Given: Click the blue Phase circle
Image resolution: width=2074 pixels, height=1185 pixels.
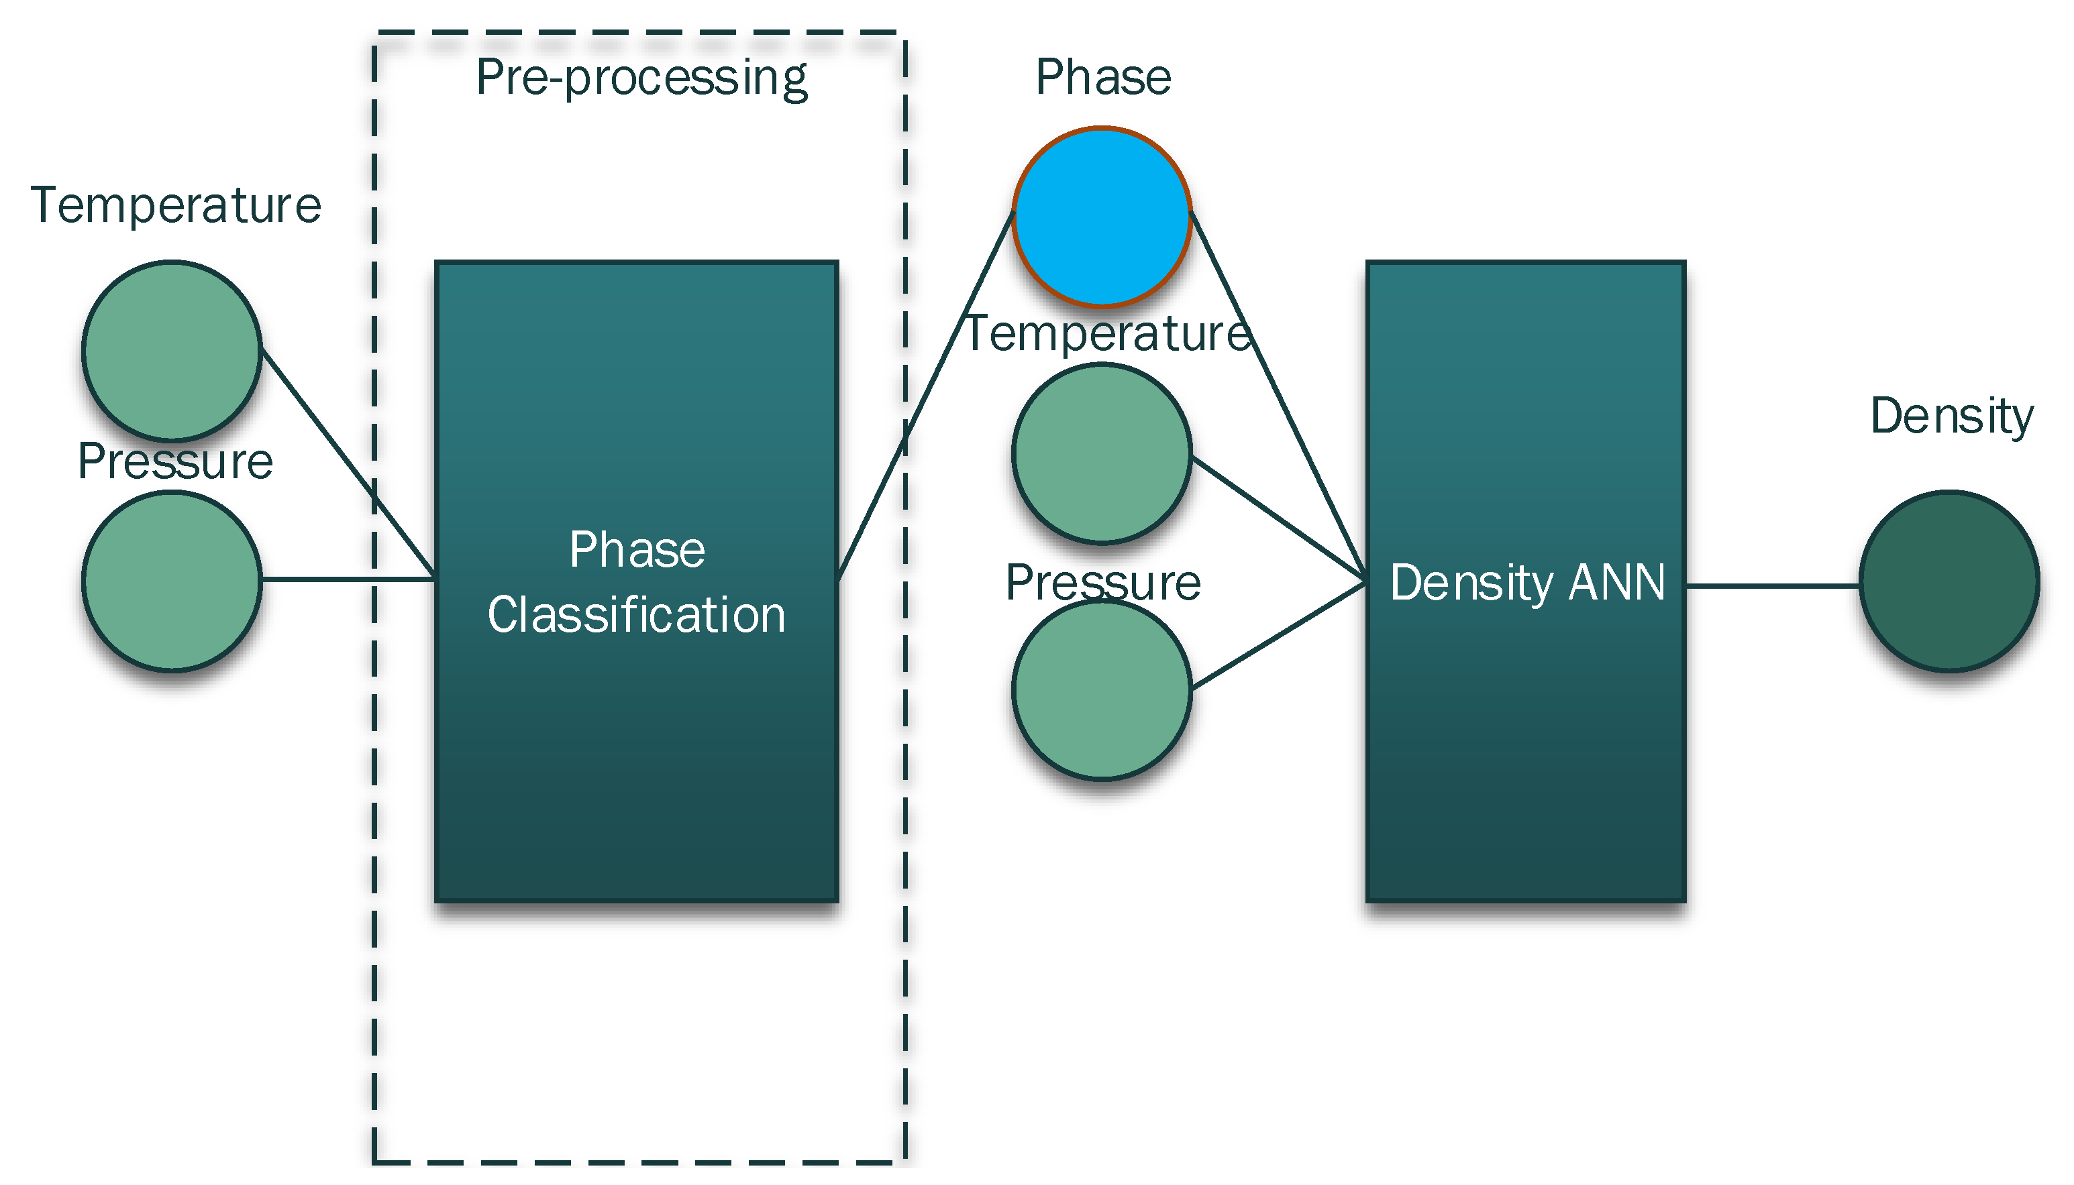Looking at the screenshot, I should click(1102, 216).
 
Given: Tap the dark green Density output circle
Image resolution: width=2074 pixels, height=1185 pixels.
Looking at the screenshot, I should click(1949, 581).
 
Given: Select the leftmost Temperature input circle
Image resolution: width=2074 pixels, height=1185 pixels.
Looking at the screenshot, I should click(172, 351).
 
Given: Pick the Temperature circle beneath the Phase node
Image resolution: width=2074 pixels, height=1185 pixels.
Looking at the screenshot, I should click(1102, 453).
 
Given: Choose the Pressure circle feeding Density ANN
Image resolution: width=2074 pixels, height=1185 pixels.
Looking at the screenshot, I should click(1102, 690).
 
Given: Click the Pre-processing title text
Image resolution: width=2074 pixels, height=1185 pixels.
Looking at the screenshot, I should click(641, 78).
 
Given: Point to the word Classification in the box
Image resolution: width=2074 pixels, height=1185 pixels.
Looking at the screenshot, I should click(636, 614).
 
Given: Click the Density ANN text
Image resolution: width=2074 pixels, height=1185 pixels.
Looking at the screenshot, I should click(1526, 583).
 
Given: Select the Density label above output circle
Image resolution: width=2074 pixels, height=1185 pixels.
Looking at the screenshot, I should click(1951, 416).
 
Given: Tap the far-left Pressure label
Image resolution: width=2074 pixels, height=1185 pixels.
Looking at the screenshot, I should click(175, 461).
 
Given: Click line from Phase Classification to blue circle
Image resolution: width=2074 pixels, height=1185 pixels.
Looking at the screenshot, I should click(928, 391).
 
